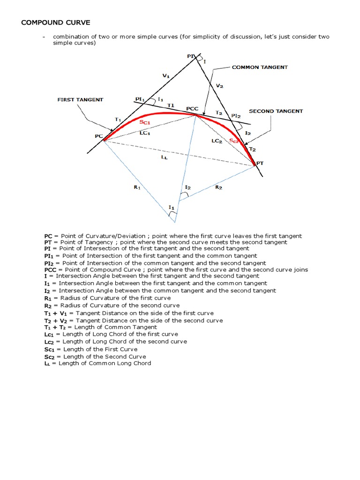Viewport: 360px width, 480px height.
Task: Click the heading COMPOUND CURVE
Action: click(x=56, y=22)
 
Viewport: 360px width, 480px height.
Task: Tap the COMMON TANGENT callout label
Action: click(x=260, y=67)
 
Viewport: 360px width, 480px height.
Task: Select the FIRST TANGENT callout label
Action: click(x=80, y=100)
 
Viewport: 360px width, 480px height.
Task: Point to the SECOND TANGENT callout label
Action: click(x=276, y=111)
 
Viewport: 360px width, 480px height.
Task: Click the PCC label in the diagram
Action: click(x=192, y=108)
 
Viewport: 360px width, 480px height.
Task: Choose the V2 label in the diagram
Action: click(x=220, y=86)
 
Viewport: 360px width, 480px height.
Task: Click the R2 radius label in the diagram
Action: click(x=218, y=187)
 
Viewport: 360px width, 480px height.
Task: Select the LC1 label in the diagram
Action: click(x=144, y=133)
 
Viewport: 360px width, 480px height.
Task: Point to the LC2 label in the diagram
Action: click(x=216, y=141)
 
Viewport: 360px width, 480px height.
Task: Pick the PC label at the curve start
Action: click(x=98, y=136)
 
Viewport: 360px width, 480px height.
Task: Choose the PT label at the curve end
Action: click(x=260, y=163)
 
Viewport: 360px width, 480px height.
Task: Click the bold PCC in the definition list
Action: click(x=50, y=270)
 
